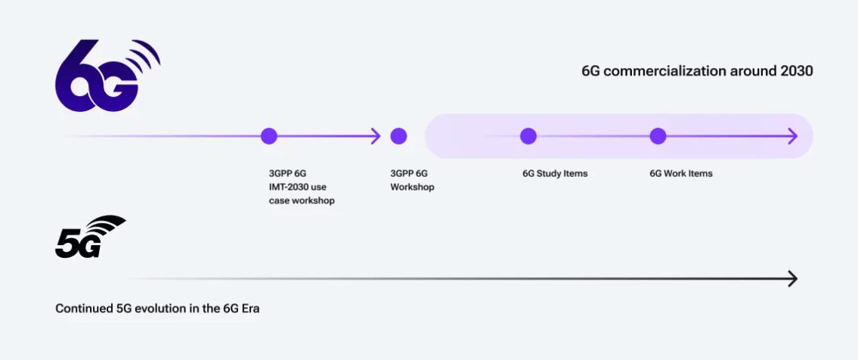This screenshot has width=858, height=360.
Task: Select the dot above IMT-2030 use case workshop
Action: pos(268,136)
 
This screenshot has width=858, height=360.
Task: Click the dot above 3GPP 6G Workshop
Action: pos(398,136)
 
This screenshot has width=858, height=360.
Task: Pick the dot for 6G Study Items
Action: pos(528,136)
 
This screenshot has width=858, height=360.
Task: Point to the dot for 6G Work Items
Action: pos(658,136)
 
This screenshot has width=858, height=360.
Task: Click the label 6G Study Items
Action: pos(555,174)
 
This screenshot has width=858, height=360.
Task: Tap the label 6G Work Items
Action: pos(681,174)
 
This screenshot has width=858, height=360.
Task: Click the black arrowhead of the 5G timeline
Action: pos(792,279)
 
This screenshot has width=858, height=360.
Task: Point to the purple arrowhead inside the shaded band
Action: pos(791,136)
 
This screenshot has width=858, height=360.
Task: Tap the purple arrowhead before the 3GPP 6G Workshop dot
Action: pos(376,136)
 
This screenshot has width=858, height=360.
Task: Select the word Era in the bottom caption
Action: pos(251,309)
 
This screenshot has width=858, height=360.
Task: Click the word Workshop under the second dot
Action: pos(412,188)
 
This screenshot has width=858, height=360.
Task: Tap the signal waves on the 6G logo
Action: pos(144,57)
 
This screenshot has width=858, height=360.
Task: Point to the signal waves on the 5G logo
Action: pos(107,225)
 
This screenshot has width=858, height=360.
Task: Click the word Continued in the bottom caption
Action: pos(84,309)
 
